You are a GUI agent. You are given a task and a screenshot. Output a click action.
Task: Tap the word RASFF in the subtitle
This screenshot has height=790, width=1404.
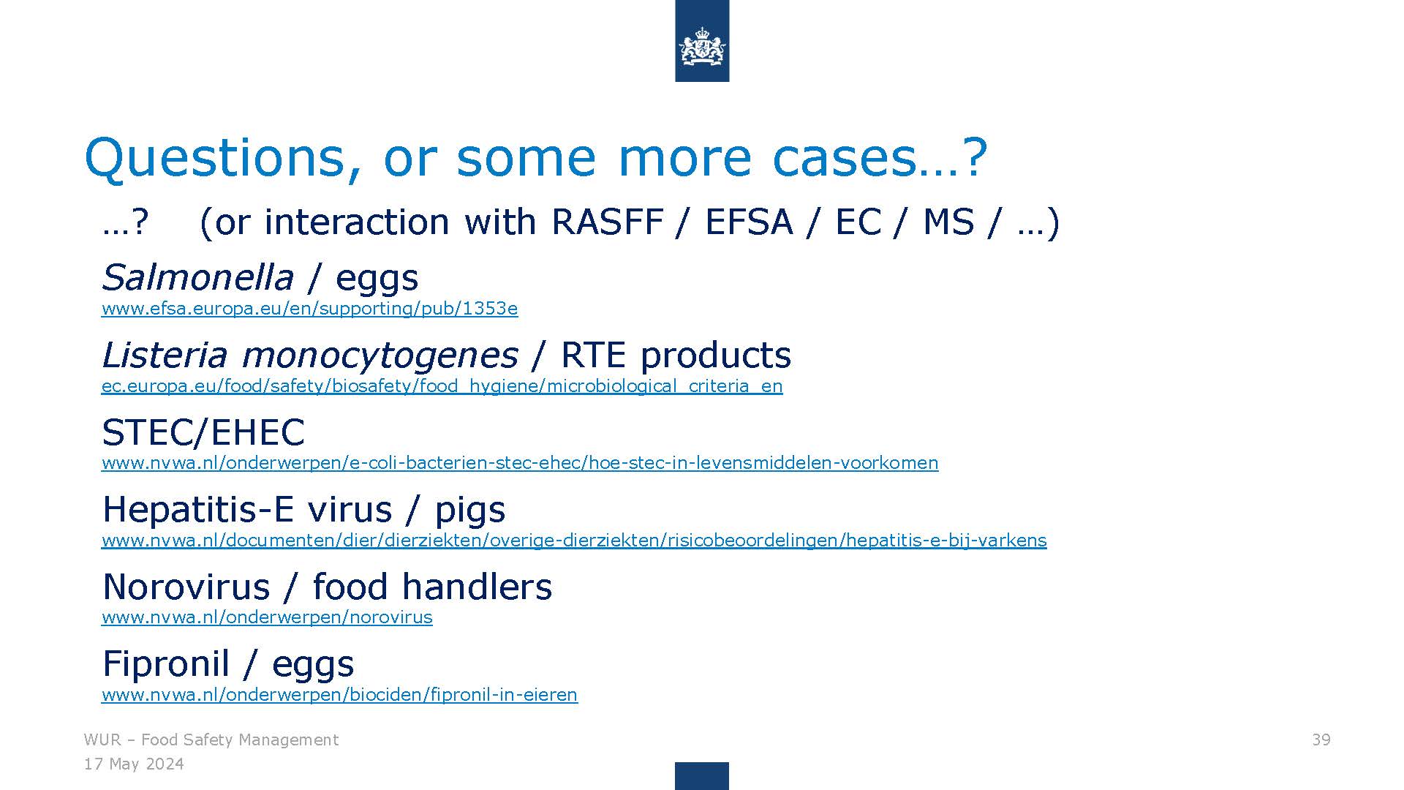click(x=608, y=222)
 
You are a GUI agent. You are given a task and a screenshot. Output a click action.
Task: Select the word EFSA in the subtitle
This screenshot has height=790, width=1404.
click(x=748, y=222)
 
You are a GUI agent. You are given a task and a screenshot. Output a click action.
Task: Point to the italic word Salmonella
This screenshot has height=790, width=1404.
click(x=197, y=277)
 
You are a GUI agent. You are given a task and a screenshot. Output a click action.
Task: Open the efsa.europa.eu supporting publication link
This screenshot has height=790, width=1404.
click(x=309, y=309)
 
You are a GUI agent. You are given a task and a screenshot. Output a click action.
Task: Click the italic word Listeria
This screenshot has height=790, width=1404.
click(x=165, y=355)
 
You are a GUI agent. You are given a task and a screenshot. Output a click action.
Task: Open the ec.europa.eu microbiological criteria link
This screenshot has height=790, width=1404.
click(x=442, y=386)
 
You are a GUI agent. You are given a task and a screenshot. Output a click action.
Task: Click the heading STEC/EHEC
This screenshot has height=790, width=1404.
click(x=203, y=432)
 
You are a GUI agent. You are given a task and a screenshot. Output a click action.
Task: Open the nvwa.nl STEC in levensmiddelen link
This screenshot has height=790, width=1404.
click(x=520, y=463)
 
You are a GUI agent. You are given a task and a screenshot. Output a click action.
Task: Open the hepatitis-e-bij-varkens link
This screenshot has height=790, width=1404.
click(x=574, y=541)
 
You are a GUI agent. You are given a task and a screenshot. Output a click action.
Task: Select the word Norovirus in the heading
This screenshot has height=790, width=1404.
click(x=186, y=587)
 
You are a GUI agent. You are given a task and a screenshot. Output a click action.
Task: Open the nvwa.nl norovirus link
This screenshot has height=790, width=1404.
click(x=267, y=617)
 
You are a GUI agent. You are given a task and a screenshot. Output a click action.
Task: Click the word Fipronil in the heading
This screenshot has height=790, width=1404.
click(x=166, y=664)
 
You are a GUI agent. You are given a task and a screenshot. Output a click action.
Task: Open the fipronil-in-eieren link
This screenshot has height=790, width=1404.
click(x=339, y=695)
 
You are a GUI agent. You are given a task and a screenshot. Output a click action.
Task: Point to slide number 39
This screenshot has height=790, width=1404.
click(x=1321, y=740)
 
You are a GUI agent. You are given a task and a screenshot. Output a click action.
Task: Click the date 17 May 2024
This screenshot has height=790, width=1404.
click(x=134, y=764)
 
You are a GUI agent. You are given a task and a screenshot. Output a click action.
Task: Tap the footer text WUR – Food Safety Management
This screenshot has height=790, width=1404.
click(x=211, y=740)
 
